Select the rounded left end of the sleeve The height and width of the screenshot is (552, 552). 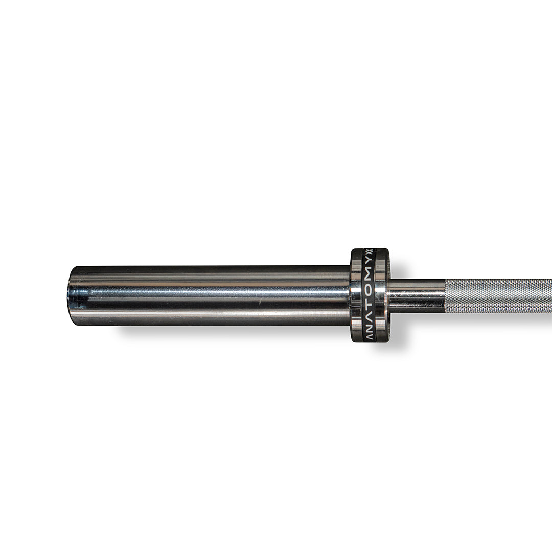[72, 295]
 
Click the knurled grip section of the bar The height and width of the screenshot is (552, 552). [498, 296]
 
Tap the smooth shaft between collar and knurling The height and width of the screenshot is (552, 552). [417, 295]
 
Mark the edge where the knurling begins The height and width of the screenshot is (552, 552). [446, 296]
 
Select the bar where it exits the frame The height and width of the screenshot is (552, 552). [549, 296]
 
